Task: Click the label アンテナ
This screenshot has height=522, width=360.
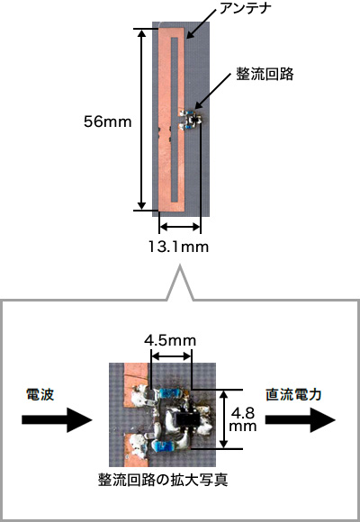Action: pos(244,8)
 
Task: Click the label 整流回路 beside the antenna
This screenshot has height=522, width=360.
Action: pos(265,74)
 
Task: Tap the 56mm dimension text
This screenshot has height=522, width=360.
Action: pos(108,121)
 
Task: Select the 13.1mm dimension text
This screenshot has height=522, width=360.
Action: pos(178,247)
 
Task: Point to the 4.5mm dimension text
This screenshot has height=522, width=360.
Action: pos(170,340)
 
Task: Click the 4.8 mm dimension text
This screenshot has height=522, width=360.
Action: pos(243,419)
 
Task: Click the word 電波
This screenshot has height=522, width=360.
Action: pos(40,394)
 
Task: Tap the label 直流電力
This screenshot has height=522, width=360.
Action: pos(293,394)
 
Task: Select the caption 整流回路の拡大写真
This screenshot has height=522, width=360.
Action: pos(163,481)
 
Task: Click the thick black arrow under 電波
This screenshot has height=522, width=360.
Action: pos(57,419)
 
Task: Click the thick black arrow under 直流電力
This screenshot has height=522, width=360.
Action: pos(301,419)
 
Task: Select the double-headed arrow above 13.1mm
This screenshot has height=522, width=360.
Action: pos(180,228)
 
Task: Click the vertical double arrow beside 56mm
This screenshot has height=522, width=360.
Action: pos(142,120)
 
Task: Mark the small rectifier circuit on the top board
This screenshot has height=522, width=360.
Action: pos(191,119)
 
